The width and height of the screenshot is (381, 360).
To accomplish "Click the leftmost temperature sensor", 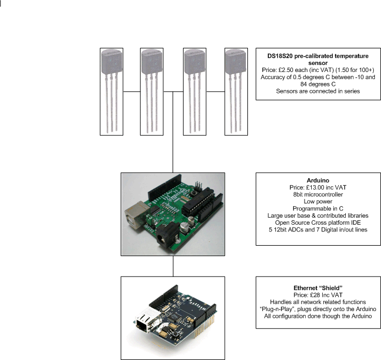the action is click(112, 92).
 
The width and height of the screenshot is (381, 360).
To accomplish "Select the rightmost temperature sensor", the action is click(236, 92).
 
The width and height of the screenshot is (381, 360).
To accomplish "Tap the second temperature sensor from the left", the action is click(152, 92).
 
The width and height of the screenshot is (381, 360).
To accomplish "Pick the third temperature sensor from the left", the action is click(195, 92).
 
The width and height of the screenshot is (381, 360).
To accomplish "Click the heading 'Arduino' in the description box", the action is click(318, 180).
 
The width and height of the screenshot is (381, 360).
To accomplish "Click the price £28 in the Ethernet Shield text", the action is click(315, 295).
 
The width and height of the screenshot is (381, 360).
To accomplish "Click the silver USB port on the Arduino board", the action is click(136, 214).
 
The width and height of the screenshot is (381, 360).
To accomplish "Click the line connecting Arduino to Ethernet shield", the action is click(173, 266).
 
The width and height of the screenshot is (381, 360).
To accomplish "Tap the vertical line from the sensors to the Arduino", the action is click(173, 132).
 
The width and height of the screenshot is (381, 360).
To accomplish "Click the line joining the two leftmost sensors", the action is click(132, 92).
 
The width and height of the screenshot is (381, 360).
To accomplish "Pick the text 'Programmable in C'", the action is click(318, 208).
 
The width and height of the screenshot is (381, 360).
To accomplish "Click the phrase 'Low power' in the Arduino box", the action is click(318, 201).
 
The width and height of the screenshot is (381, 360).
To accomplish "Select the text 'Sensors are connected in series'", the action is click(318, 91).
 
